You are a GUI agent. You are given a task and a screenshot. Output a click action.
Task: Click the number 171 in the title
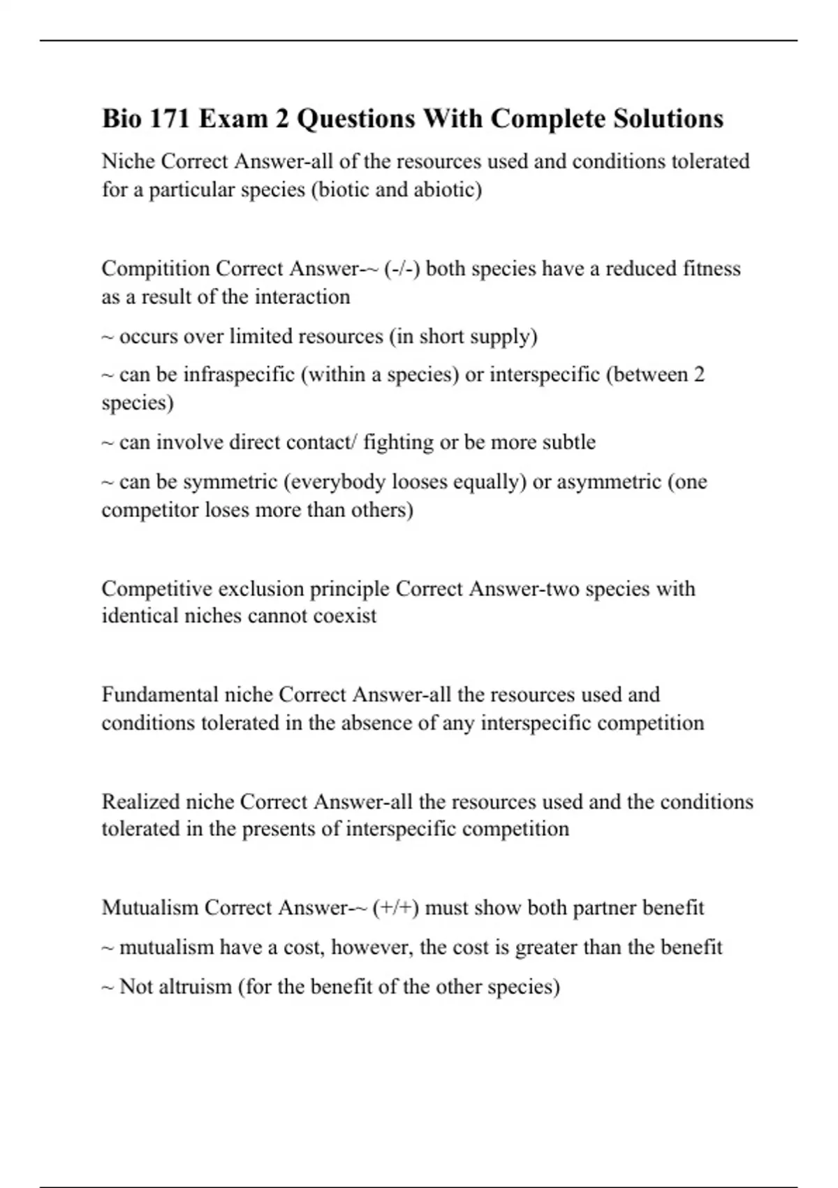click(166, 119)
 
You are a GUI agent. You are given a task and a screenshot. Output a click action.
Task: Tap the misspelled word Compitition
click(156, 268)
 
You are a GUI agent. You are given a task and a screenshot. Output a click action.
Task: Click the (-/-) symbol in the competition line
click(402, 268)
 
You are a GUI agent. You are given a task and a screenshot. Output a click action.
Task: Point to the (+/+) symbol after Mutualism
click(395, 908)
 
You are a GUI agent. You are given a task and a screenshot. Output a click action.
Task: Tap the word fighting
click(398, 442)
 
